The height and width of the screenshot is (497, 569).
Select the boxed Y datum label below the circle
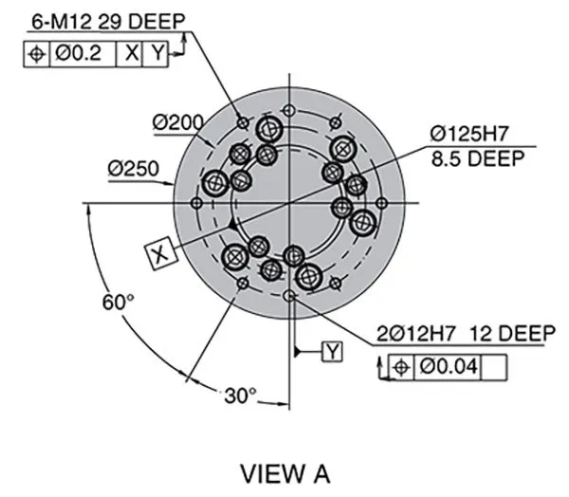click(x=332, y=352)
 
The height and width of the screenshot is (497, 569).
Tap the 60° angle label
click(x=119, y=302)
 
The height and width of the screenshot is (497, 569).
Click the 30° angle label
click(x=241, y=395)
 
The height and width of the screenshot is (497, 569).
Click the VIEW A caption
click(x=284, y=472)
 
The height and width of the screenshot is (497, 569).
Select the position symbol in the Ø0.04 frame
click(x=400, y=365)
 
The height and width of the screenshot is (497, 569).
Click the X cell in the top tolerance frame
click(x=129, y=54)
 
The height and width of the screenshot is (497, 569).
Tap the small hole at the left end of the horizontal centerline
click(x=196, y=203)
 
